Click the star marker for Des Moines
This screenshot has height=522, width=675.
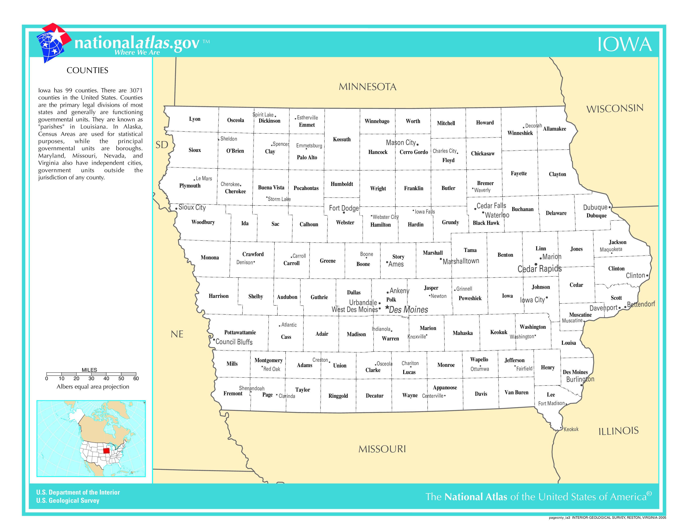pyautogui.click(x=387, y=307)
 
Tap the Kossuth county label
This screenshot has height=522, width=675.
pyautogui.click(x=342, y=139)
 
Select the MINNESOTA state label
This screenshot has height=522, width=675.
pyautogui.click(x=368, y=87)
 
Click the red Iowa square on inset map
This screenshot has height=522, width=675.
pyautogui.click(x=106, y=450)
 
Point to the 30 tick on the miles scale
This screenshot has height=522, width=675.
pyautogui.click(x=91, y=378)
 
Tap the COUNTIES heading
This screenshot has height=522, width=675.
pyautogui.click(x=88, y=70)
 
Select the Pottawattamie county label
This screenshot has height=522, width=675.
pyautogui.click(x=240, y=332)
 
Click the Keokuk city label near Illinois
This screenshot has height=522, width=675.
pyautogui.click(x=571, y=429)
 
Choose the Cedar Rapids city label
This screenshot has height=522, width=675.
pyautogui.click(x=539, y=269)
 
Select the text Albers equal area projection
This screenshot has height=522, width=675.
pyautogui.click(x=93, y=386)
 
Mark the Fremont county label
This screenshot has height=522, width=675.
pyautogui.click(x=233, y=393)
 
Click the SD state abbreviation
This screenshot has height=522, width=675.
pyautogui.click(x=162, y=145)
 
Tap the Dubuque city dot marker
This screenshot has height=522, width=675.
pyautogui.click(x=610, y=207)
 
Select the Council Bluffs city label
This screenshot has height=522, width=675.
pyautogui.click(x=234, y=342)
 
